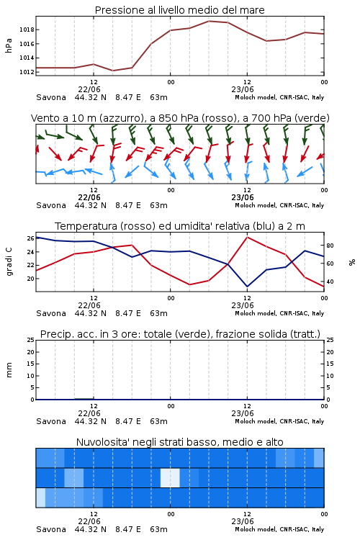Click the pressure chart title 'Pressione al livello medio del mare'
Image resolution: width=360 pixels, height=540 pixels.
point(179,10)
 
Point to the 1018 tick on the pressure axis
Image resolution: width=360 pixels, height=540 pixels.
point(27,30)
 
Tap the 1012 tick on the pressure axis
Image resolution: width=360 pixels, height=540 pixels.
point(27,72)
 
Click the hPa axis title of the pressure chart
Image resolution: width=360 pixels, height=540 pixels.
point(9,45)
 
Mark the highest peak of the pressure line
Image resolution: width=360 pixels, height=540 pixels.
point(209,21)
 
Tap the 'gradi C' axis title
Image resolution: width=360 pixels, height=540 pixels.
point(9,262)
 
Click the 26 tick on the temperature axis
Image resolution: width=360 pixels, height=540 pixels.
point(30,238)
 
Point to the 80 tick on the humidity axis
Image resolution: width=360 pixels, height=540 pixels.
point(330,246)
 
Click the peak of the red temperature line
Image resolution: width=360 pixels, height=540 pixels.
point(248,237)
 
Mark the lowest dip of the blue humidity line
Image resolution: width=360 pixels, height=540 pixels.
point(248,287)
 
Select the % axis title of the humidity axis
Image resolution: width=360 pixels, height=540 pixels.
point(352,262)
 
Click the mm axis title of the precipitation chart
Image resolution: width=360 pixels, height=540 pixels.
point(9,370)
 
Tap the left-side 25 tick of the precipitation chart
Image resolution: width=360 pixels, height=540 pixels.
point(30,341)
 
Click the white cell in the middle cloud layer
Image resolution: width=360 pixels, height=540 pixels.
point(170,477)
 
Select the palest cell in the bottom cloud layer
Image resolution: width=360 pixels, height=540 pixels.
point(40,498)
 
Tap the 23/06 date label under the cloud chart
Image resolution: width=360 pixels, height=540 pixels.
point(243,521)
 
